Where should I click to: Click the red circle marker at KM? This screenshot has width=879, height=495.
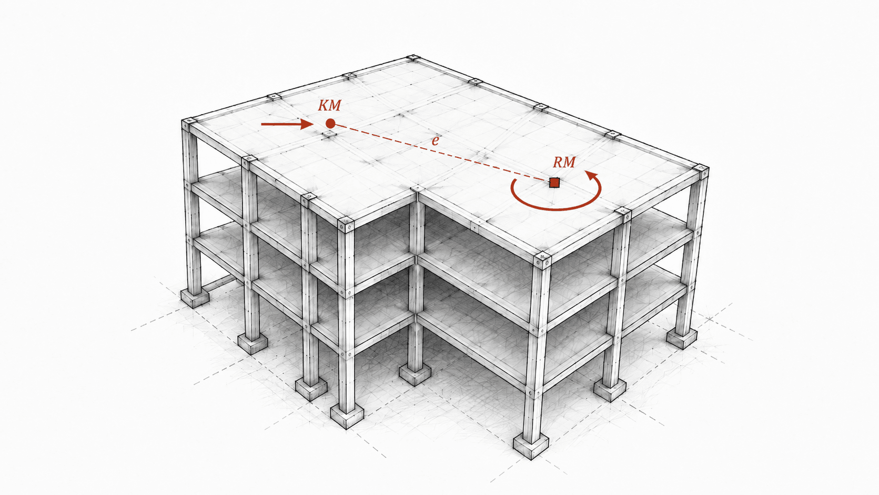coord(330,124)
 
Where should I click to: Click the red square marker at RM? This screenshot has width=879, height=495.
coord(554,183)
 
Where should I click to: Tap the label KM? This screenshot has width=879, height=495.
coord(329,105)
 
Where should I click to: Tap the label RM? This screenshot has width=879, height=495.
coord(564,162)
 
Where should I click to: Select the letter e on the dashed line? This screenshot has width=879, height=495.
coord(435,141)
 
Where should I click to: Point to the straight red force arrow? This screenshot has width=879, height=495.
coord(287,124)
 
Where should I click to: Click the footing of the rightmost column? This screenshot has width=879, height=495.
coord(682,338)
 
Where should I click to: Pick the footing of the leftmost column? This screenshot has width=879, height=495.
coord(195,298)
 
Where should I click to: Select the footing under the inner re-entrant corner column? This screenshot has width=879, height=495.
coord(415,375)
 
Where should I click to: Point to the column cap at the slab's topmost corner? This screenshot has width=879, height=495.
coord(412,58)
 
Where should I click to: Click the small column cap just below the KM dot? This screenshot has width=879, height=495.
coord(328,135)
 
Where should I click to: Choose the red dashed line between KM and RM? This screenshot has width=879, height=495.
coord(442,153)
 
